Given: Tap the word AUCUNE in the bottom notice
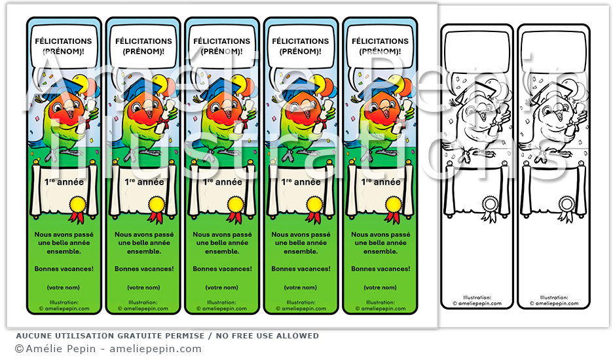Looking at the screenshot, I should click(33, 336).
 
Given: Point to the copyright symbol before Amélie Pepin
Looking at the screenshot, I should click(19, 349).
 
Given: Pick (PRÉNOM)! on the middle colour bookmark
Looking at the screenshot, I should click(223, 51).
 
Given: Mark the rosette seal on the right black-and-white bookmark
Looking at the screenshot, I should click(567, 204).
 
